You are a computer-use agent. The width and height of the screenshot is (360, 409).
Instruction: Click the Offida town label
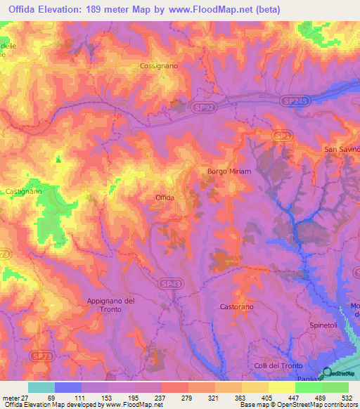point(165,198)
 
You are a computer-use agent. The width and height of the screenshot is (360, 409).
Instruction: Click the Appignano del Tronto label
point(110,306)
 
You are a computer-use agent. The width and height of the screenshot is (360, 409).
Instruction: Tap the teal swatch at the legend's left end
point(41,387)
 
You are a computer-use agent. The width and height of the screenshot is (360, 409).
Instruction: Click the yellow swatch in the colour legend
point(281,387)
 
